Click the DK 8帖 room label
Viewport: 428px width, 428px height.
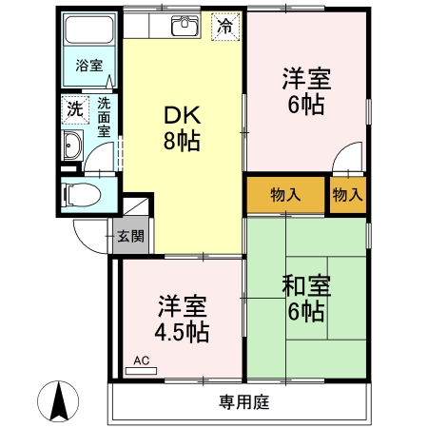coord(182,128)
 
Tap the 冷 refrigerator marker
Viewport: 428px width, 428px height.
coord(224,26)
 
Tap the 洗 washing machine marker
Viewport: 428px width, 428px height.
coord(74,108)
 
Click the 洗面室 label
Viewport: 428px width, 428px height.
coord(103,115)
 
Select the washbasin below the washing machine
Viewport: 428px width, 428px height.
coord(73,146)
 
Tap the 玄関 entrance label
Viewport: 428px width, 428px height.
coord(130,236)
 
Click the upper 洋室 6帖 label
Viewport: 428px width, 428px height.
coord(306,91)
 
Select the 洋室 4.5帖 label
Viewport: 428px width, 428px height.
coord(183,320)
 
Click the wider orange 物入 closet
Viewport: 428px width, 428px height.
coord(285,195)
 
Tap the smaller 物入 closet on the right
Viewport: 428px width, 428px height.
coord(347,195)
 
